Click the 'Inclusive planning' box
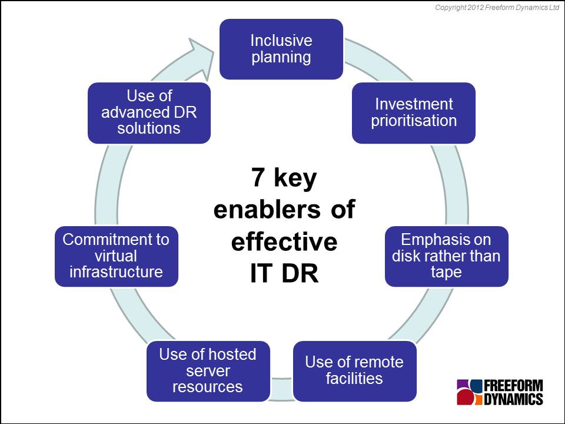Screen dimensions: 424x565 pos(281,49)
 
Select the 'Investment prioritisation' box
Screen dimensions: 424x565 pos(414,112)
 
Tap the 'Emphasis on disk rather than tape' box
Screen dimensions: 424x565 pos(446,256)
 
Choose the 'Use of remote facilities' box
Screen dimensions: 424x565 pos(354,370)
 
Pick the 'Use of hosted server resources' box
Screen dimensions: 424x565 pos(208,370)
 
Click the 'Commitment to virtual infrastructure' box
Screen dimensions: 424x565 pos(116,256)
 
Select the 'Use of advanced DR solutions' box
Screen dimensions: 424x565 pos(149,112)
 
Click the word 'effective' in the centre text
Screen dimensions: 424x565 pos(284,242)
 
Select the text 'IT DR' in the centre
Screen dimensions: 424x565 pos(284,274)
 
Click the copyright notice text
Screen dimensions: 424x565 pos(497,8)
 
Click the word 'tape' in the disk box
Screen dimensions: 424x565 pos(446,273)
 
